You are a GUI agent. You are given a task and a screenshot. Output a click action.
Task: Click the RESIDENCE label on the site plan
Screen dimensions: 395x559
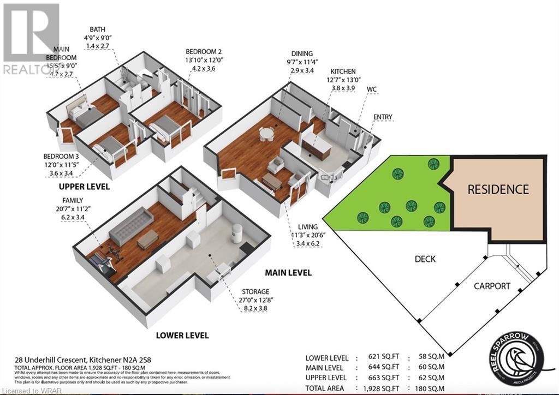tap(498, 189)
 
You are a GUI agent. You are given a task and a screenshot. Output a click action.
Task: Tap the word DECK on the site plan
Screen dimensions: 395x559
tap(425, 259)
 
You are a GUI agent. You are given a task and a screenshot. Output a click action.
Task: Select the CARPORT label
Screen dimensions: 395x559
tap(492, 285)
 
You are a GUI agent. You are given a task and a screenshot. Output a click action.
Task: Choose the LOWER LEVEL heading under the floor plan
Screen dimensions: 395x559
tap(183, 335)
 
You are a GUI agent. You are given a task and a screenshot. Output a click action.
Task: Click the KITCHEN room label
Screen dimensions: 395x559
tap(342, 71)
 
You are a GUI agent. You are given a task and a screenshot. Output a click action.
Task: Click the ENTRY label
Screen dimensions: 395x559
tap(383, 117)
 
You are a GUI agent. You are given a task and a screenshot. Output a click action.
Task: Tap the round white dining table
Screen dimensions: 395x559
tap(266, 134)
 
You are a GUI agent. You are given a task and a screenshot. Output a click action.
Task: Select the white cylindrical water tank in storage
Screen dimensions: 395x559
tap(237, 232)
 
